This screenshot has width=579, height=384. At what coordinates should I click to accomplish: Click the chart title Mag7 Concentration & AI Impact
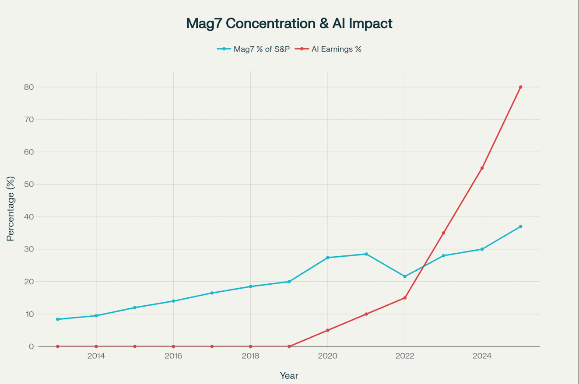pos(289,24)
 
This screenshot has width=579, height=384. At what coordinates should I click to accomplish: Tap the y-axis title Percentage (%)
pos(11,209)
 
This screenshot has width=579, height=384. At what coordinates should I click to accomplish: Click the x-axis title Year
pos(289,375)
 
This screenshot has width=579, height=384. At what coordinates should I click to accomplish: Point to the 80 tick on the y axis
pos(28,87)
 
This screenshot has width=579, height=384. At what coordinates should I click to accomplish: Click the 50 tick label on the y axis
pos(28,184)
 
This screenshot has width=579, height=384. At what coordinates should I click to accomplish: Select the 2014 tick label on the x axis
pos(96,356)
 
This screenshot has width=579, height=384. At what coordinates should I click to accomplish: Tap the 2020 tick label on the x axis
pos(327,356)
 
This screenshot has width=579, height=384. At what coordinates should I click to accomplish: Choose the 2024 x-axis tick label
pos(482,356)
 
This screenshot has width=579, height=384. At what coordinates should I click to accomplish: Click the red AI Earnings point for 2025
pos(520,87)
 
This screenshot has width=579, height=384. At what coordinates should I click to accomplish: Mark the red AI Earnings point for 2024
pos(482,168)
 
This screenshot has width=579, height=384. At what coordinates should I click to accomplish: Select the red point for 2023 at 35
pos(443,233)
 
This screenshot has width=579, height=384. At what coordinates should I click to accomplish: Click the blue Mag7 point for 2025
pos(520,227)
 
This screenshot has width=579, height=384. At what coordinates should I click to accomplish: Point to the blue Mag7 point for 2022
pos(405,276)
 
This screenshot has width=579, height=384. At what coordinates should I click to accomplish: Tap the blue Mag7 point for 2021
pos(366,254)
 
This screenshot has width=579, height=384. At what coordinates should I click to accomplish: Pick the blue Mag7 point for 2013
pos(58,319)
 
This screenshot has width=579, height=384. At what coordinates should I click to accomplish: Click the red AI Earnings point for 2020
pos(327,330)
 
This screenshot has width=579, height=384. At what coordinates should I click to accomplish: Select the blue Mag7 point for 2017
pos(212,293)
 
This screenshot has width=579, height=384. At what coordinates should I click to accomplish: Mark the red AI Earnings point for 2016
pos(173,346)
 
